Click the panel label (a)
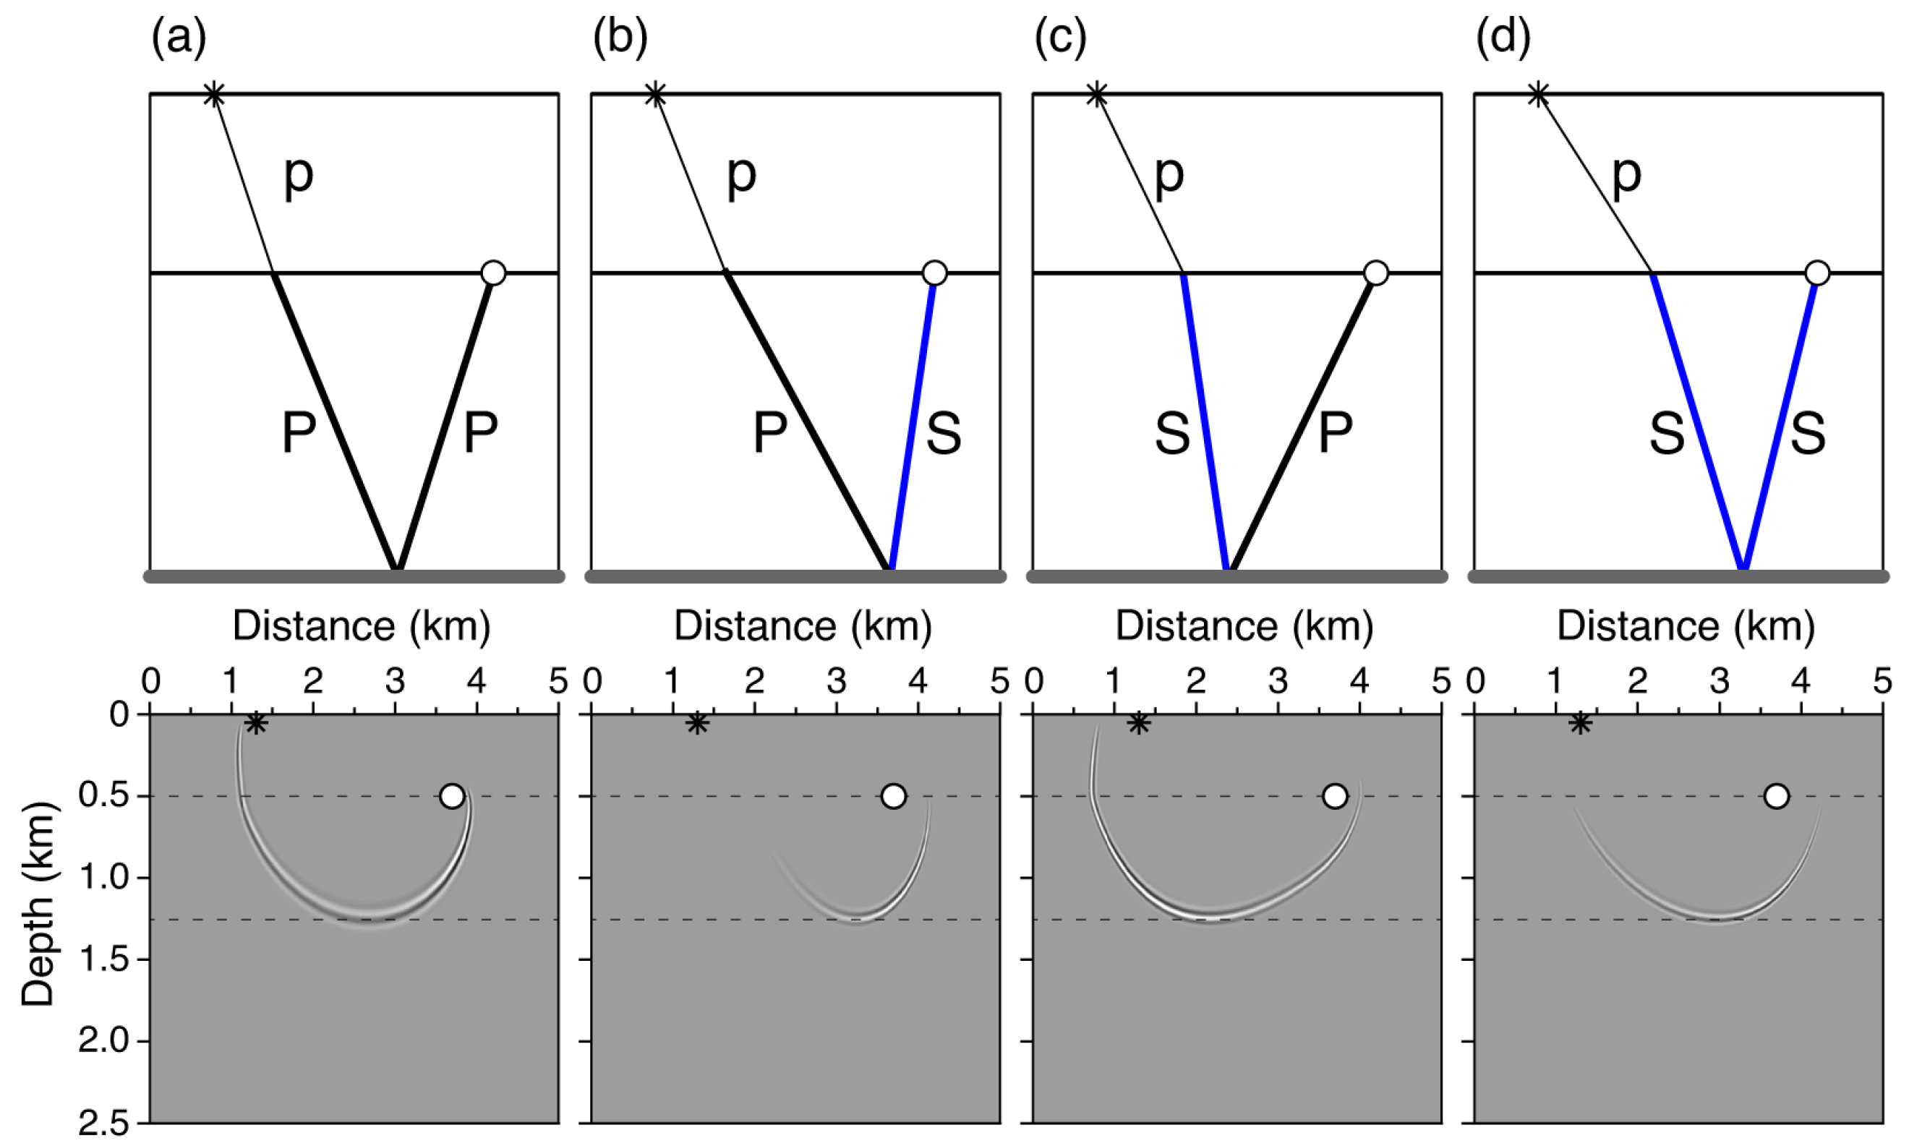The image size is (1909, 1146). (179, 37)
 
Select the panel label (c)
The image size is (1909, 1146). (1060, 37)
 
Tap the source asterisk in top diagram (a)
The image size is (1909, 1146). (214, 95)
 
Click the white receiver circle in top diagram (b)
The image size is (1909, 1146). (934, 273)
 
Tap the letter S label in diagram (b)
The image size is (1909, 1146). (943, 433)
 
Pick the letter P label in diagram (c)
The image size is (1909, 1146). (1336, 433)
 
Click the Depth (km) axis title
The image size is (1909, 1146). (37, 905)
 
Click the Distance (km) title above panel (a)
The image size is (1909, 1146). (362, 625)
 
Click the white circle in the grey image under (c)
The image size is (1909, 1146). (1334, 796)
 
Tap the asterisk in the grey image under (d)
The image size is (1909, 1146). (1581, 724)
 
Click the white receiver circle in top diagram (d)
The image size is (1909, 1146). (1817, 273)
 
